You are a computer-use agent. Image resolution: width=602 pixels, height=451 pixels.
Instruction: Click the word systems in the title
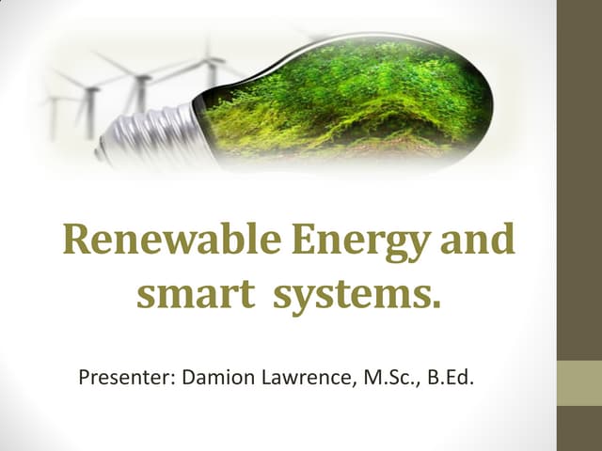pyautogui.click(x=354, y=296)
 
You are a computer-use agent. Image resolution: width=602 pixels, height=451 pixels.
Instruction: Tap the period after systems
pyautogui.click(x=435, y=304)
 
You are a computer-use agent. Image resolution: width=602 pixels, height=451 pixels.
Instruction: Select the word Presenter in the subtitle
pyautogui.click(x=121, y=381)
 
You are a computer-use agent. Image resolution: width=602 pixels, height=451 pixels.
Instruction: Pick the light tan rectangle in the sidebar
pyautogui.click(x=578, y=383)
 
